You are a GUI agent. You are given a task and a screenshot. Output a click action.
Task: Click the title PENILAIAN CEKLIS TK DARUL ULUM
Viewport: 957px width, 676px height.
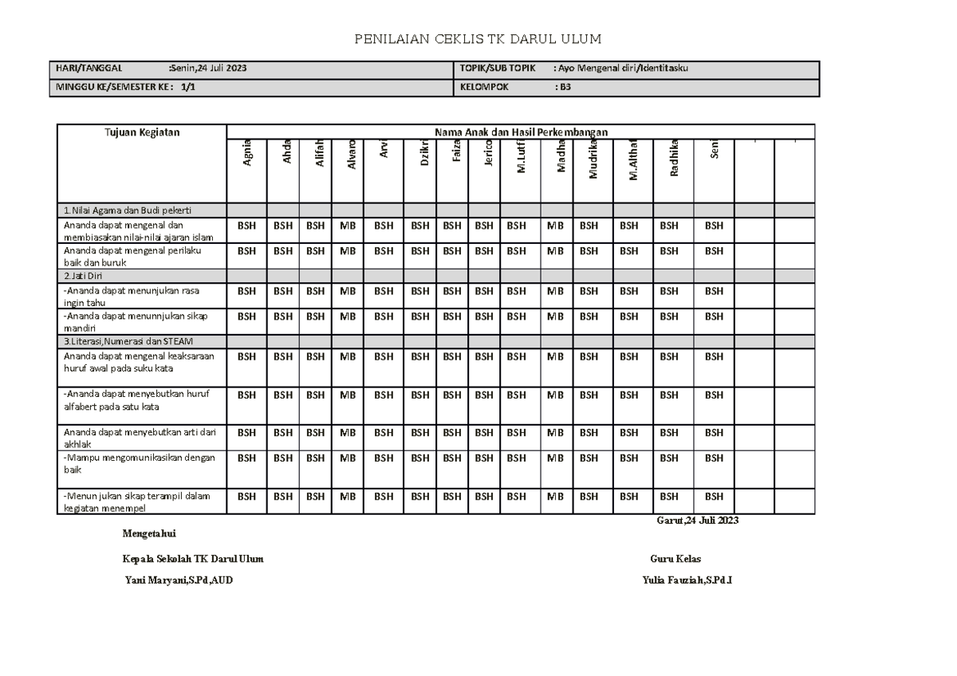tap(478, 39)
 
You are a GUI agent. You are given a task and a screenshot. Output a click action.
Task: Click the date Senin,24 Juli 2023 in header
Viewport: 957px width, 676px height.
tap(208, 69)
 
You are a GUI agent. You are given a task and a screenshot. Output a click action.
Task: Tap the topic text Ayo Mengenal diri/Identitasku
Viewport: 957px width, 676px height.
tap(623, 69)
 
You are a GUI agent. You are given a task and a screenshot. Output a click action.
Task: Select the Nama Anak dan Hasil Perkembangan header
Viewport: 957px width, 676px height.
tap(520, 132)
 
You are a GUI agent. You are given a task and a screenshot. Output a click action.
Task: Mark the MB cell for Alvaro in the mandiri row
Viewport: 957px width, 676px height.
tap(348, 316)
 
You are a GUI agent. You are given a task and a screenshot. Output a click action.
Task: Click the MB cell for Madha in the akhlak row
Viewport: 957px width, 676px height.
tap(556, 433)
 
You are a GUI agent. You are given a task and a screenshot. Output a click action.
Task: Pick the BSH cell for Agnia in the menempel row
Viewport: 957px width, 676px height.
tap(247, 497)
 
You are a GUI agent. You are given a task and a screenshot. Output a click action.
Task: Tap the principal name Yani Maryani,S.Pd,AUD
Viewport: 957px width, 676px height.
tap(179, 580)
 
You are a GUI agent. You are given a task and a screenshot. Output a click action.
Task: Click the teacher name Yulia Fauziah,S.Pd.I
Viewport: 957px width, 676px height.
tap(687, 580)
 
